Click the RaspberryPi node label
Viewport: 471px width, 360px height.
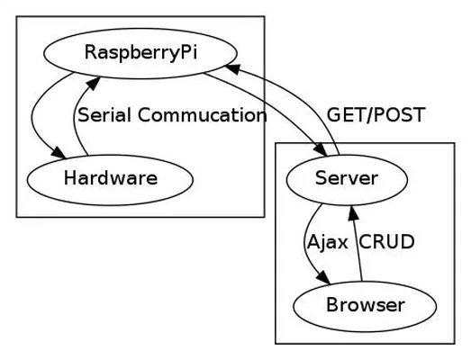tap(140, 53)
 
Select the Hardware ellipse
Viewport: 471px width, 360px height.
tap(110, 180)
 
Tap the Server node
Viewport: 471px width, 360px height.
tap(347, 180)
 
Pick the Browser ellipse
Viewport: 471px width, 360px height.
tap(365, 306)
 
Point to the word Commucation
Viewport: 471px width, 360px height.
tap(202, 115)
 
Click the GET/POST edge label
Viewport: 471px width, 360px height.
tap(376, 114)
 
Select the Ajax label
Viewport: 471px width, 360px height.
tap(328, 242)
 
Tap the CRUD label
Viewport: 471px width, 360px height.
tap(386, 241)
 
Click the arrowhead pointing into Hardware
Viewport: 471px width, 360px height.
tap(59, 153)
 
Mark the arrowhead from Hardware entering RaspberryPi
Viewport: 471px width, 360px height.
tap(94, 83)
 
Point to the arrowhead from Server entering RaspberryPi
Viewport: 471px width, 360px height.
tap(232, 68)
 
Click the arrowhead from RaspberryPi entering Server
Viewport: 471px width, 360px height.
tap(321, 150)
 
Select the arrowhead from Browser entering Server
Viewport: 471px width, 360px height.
tap(353, 212)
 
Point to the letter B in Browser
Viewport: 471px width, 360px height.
tap(332, 304)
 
